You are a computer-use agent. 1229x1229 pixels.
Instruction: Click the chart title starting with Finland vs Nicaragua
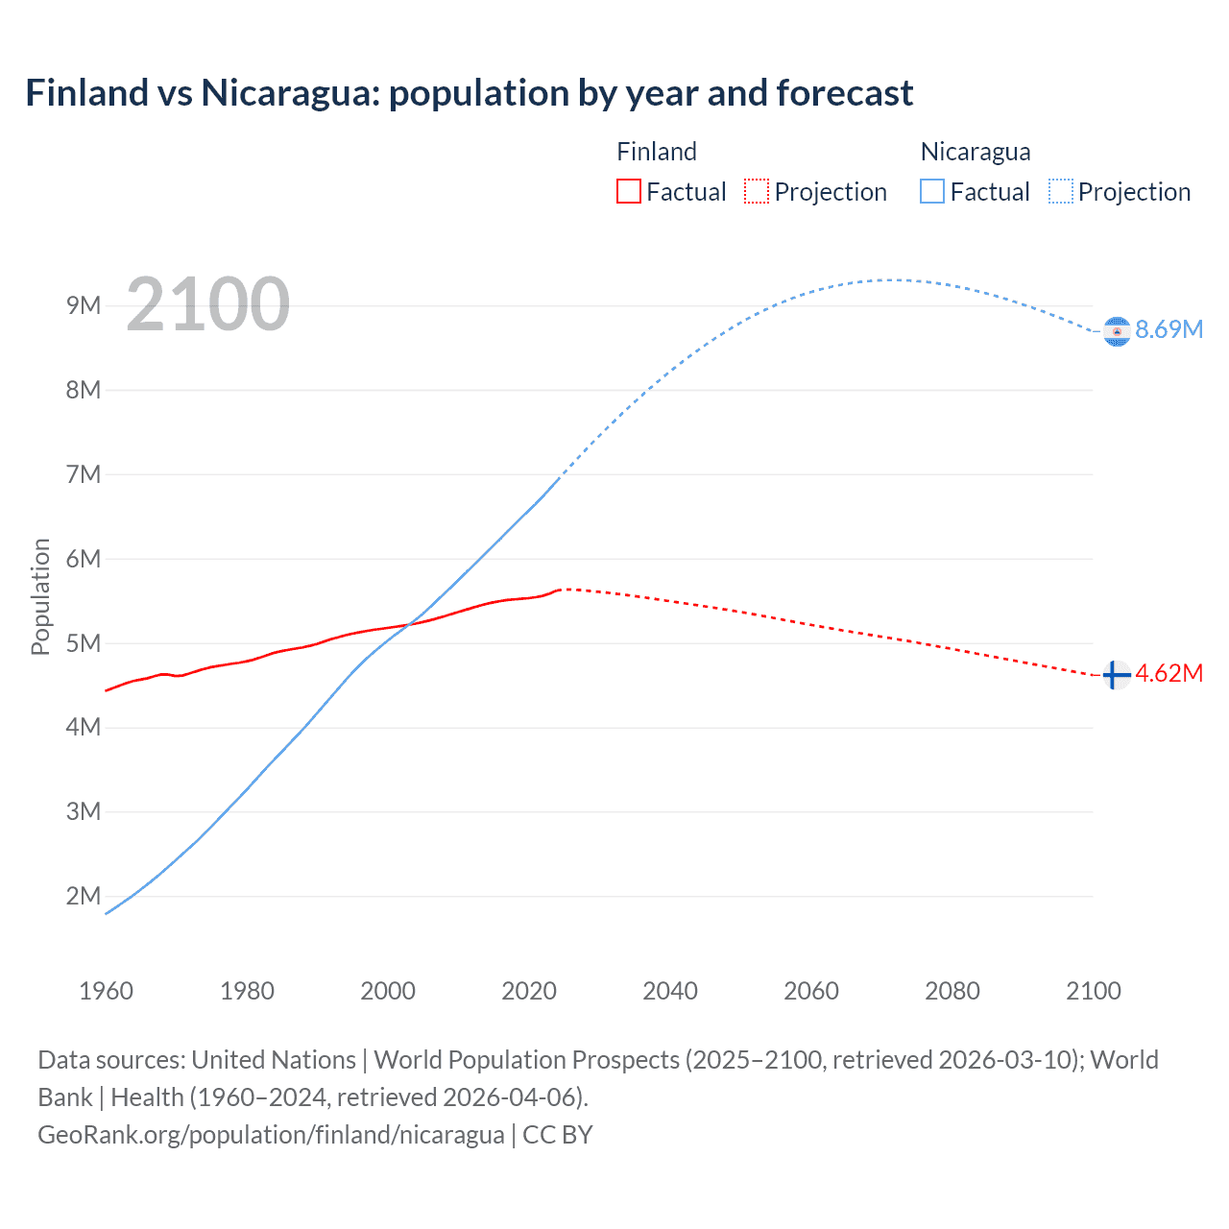[x=469, y=93]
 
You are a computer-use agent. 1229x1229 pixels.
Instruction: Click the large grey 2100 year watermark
[x=207, y=304]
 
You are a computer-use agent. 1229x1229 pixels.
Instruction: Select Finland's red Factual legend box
[x=628, y=191]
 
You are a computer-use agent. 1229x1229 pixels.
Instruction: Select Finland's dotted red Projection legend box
[x=757, y=191]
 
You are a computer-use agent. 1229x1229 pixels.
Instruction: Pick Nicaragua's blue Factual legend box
[x=932, y=191]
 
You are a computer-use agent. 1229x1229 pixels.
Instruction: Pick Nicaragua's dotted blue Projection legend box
[x=1060, y=191]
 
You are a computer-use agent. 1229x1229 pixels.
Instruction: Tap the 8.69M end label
[x=1169, y=329]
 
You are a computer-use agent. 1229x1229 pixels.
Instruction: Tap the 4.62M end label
[x=1169, y=673]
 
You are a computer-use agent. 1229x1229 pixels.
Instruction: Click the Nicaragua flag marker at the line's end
[x=1117, y=331]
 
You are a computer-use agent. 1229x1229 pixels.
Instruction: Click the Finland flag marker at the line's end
[x=1116, y=675]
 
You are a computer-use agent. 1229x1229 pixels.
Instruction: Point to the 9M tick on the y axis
[x=84, y=305]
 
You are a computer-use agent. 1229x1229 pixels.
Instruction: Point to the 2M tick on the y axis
[x=84, y=896]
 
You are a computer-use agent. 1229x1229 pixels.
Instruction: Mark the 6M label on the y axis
[x=84, y=559]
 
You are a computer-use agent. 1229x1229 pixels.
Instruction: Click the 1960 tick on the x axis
[x=106, y=991]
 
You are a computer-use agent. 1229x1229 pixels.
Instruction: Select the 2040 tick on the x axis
[x=670, y=991]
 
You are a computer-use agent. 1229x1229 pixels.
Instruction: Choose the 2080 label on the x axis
[x=952, y=991]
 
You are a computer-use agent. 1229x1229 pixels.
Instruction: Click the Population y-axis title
[x=40, y=596]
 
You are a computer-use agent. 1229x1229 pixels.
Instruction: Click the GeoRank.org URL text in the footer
[x=271, y=1135]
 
